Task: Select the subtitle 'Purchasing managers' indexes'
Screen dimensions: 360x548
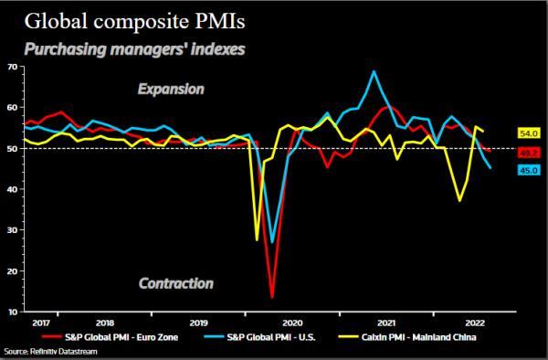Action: click(134, 48)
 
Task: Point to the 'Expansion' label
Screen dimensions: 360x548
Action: click(171, 90)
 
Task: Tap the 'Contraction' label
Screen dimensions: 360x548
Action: click(175, 283)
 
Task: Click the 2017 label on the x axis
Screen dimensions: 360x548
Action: click(41, 323)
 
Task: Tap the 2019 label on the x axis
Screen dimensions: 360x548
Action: click(198, 323)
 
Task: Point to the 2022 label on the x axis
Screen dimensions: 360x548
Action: click(475, 323)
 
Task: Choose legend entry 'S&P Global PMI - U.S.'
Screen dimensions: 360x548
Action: click(273, 336)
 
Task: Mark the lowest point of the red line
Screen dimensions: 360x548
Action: click(272, 297)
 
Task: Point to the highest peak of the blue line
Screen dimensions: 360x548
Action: click(374, 71)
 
